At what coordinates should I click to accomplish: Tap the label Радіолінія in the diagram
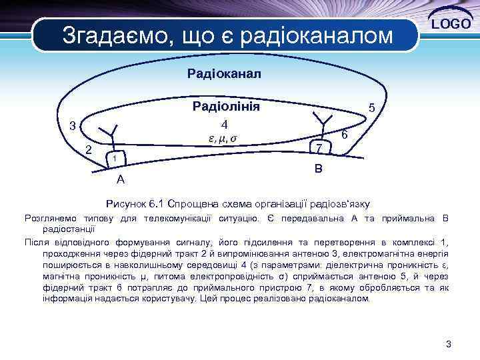point(226,107)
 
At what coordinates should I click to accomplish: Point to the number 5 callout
point(372,107)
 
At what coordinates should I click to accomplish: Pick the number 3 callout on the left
point(73,126)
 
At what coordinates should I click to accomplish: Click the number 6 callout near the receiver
point(345,135)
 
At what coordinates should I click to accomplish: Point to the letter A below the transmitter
point(120,179)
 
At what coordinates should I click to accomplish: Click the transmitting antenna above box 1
point(114,133)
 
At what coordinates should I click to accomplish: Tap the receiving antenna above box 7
point(325,121)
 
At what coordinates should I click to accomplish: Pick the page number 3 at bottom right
point(449,344)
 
